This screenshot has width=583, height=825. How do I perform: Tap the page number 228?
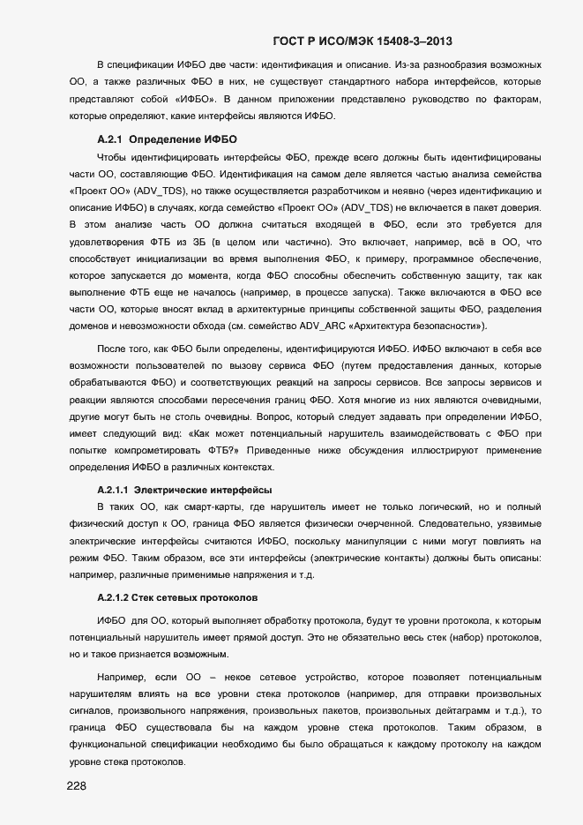(x=78, y=786)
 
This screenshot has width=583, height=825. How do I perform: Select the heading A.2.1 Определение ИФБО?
(x=167, y=139)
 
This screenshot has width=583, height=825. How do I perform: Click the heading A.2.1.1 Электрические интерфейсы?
(x=183, y=490)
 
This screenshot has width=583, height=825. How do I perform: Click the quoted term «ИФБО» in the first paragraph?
(x=183, y=100)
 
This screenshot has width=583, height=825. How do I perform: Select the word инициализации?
(x=169, y=259)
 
